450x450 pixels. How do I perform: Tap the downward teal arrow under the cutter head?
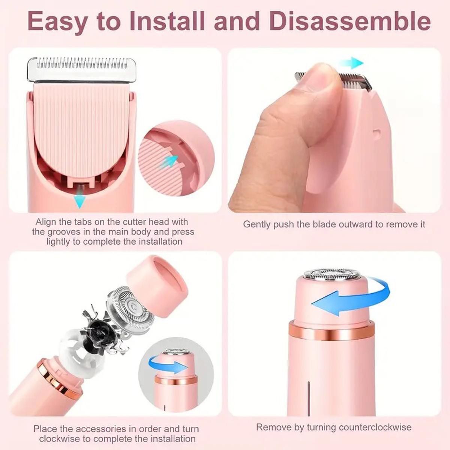pyautogui.click(x=79, y=201)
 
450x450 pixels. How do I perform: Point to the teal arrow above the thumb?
pyautogui.click(x=352, y=63)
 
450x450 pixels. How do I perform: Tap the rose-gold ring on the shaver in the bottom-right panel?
pyautogui.click(x=332, y=330)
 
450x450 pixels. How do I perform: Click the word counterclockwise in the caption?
pyautogui.click(x=375, y=427)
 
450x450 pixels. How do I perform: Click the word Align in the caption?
pyautogui.click(x=46, y=222)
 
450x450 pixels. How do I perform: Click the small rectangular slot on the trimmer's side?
pyautogui.click(x=377, y=133)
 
